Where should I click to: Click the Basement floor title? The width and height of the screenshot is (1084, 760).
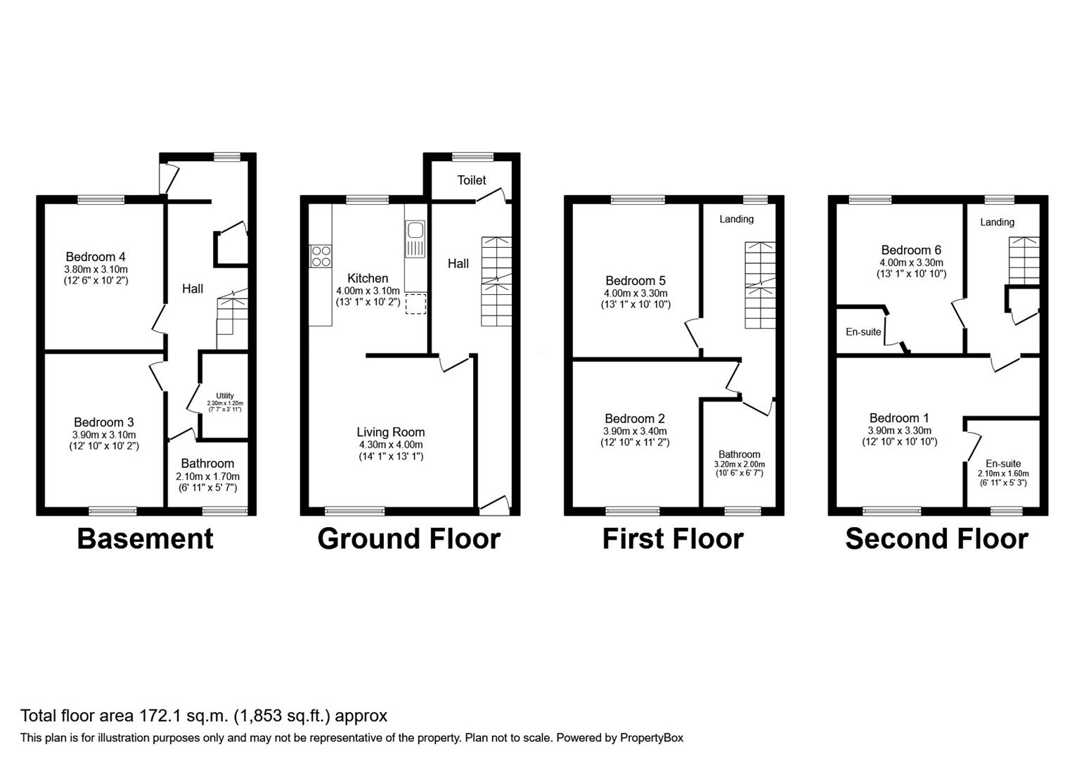click(x=145, y=538)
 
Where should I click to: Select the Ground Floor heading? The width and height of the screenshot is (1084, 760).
click(x=408, y=538)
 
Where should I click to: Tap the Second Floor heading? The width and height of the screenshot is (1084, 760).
click(x=936, y=538)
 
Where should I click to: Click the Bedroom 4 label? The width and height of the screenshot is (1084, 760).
click(x=96, y=257)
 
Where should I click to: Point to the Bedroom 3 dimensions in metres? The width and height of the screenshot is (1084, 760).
click(x=104, y=434)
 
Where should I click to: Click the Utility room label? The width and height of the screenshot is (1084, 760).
click(x=225, y=395)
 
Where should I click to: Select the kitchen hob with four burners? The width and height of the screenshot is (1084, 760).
click(x=321, y=255)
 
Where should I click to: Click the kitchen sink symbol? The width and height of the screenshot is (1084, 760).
click(x=415, y=231)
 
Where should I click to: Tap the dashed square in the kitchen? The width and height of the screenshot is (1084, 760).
click(x=415, y=303)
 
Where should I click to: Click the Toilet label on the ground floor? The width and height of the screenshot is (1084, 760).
click(x=472, y=180)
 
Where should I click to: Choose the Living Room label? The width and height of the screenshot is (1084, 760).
click(x=390, y=432)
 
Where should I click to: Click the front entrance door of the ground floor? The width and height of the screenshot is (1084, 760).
click(x=493, y=504)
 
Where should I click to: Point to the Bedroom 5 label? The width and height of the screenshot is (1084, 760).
click(x=635, y=281)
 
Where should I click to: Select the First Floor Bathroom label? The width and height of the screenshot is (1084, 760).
click(x=739, y=455)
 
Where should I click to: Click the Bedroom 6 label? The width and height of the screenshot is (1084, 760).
click(x=911, y=250)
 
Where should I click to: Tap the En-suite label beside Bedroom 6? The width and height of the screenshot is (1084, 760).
click(x=863, y=331)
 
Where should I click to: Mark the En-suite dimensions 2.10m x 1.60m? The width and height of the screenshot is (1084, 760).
click(x=1002, y=474)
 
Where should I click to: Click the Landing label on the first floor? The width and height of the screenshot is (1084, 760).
click(x=736, y=219)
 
